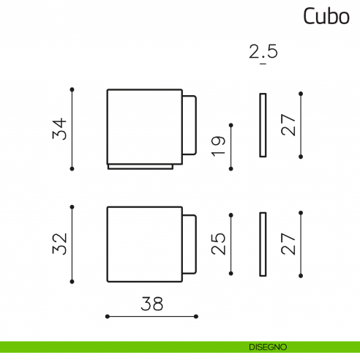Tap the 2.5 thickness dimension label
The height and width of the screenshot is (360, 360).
(263, 53)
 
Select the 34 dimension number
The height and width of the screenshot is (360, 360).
(61, 129)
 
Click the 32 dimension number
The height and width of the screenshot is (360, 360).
(61, 243)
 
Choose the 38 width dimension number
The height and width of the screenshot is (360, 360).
(153, 302)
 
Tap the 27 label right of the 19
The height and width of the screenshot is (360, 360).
(289, 124)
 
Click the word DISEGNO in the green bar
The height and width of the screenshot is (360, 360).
(267, 346)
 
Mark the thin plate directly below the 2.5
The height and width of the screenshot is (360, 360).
(263, 124)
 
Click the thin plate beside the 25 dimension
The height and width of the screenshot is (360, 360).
(263, 244)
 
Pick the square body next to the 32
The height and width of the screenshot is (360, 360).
(144, 243)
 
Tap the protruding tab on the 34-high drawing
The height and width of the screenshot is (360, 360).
(190, 124)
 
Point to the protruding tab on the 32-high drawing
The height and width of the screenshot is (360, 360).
(190, 241)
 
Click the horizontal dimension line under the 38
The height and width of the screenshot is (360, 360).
(152, 316)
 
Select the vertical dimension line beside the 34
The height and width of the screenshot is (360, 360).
(72, 129)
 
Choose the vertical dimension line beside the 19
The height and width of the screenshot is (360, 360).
(231, 146)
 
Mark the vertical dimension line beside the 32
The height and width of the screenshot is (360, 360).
(72, 243)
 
